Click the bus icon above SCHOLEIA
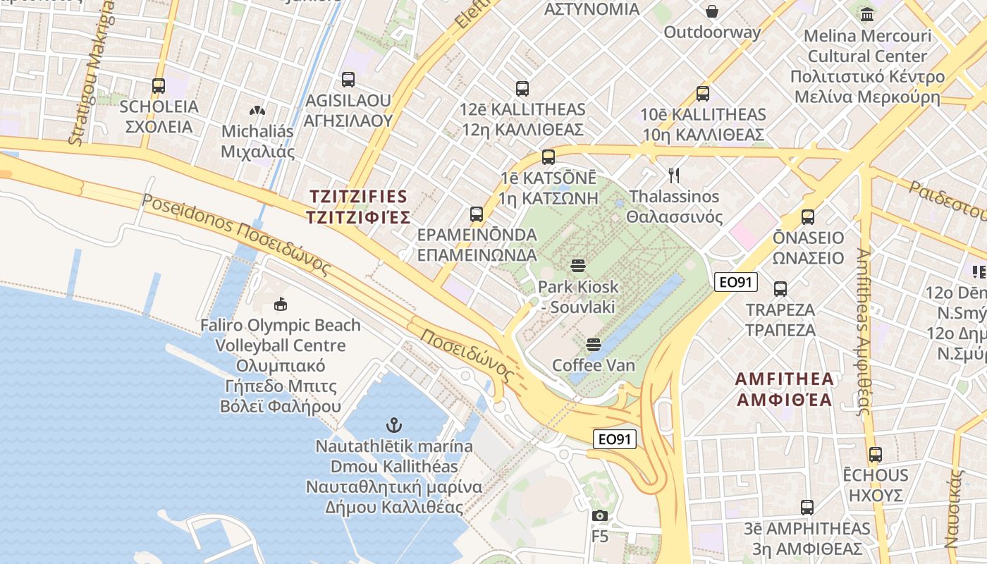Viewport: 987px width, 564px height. click(159, 86)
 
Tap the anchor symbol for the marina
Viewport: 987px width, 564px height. click(394, 425)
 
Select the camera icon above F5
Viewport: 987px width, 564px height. click(600, 515)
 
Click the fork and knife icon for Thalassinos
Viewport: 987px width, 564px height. click(675, 175)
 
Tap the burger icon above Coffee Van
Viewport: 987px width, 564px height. click(594, 345)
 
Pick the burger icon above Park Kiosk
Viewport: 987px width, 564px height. click(578, 266)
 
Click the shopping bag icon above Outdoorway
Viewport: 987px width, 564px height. click(712, 11)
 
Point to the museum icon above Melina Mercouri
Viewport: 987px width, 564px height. click(867, 14)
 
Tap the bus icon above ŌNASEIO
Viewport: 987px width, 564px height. click(808, 217)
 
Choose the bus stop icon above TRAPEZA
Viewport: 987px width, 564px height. click(780, 289)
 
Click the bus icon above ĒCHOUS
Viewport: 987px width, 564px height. click(876, 455)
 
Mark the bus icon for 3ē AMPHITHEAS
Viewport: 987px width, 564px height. click(807, 508)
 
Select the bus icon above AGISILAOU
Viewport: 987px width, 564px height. click(348, 80)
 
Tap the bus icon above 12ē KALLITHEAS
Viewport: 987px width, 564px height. click(522, 89)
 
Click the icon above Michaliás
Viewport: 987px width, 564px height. click(257, 111)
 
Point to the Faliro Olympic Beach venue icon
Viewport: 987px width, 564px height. click(281, 305)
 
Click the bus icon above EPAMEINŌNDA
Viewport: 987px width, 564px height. click(477, 214)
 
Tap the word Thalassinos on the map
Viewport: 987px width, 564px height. click(674, 197)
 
